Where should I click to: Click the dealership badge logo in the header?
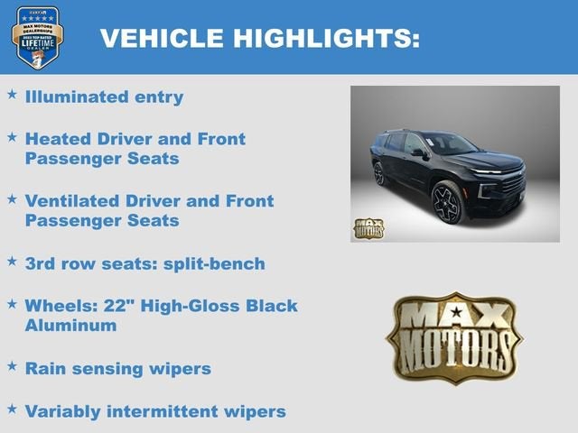click(x=37, y=37)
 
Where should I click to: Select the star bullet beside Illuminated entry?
click(x=12, y=94)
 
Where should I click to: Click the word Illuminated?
click(x=76, y=97)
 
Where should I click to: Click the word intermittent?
click(x=173, y=411)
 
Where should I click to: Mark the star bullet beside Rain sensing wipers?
click(x=12, y=366)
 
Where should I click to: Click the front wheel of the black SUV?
click(x=447, y=203)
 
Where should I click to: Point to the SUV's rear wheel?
click(x=380, y=173)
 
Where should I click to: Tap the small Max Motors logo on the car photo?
click(x=368, y=228)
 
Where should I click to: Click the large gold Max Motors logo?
click(x=454, y=337)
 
